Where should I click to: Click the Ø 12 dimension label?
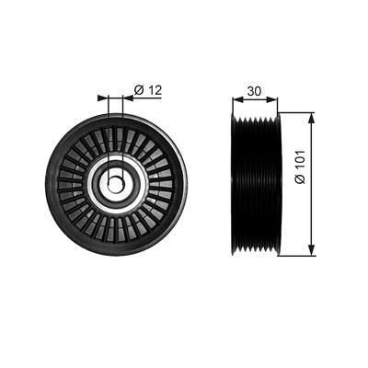[x=148, y=90]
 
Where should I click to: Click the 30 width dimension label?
[x=255, y=91]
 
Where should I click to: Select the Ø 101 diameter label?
[x=300, y=167]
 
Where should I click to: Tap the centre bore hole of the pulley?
[x=116, y=184]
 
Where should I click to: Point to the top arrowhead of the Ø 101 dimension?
[x=312, y=119]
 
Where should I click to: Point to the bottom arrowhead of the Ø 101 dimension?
[x=312, y=250]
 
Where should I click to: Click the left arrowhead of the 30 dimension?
[x=237, y=99]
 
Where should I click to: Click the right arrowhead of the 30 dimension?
[x=272, y=99]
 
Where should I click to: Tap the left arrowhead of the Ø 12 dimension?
[x=103, y=98]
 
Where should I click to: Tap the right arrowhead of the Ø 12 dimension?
[x=128, y=98]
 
